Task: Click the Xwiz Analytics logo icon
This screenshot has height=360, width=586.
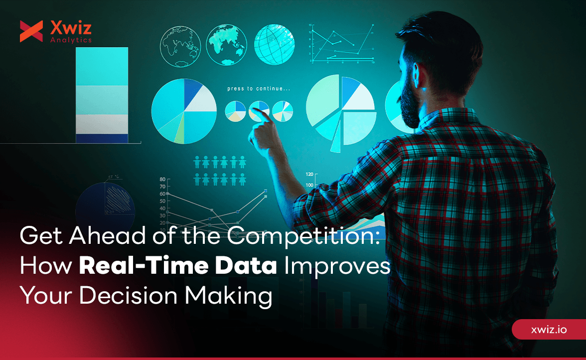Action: point(31,31)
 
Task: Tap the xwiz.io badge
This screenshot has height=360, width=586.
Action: point(549,330)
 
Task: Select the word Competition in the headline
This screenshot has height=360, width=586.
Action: point(304,236)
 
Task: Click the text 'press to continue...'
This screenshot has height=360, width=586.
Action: point(259,89)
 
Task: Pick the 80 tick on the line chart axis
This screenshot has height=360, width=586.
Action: point(162,180)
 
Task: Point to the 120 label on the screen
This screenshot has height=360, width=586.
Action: point(309,175)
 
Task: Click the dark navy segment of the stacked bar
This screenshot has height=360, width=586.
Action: point(102,138)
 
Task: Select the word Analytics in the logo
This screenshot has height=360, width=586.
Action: point(71,40)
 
